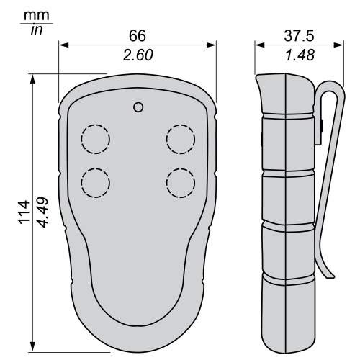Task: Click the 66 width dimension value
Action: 138,36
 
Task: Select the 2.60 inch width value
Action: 138,55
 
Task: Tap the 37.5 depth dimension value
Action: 299,36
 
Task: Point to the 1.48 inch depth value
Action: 300,55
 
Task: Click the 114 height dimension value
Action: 24,212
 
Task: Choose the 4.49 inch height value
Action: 43,212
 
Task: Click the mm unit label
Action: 37,16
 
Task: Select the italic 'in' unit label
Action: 37,30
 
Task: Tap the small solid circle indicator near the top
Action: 138,107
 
